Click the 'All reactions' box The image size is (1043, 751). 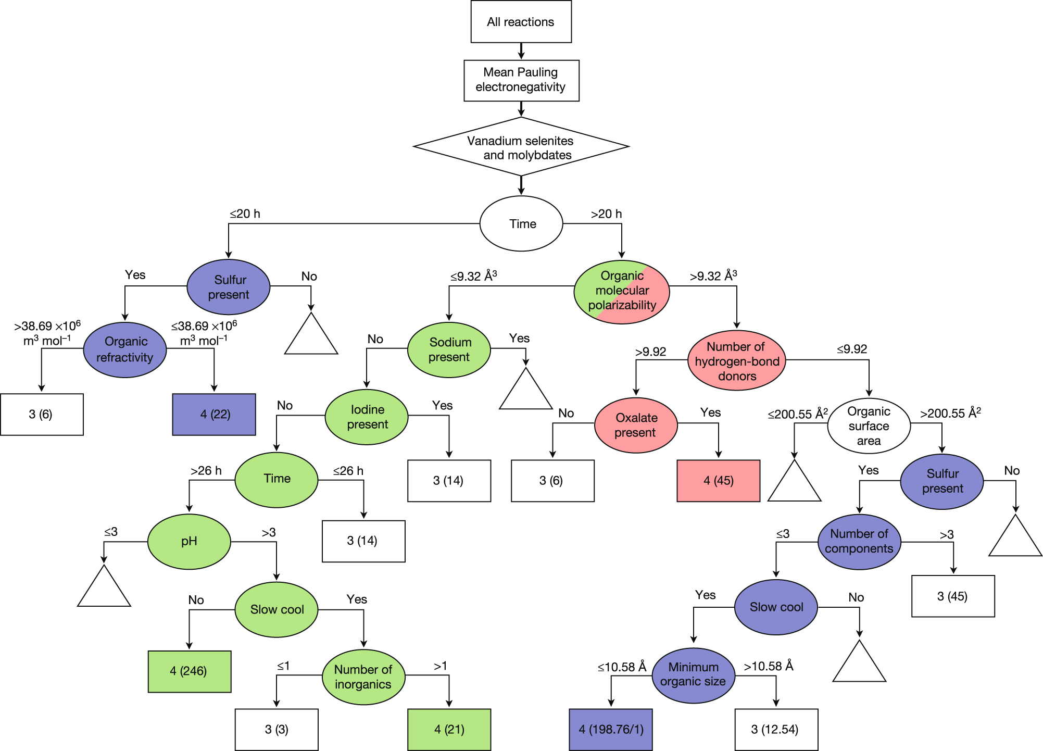pos(521,22)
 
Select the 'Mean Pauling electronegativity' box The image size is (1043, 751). pos(521,80)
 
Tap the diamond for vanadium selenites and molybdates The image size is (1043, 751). pos(521,147)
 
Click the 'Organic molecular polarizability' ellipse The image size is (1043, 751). pos(622,291)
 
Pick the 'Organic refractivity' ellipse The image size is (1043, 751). pos(125,349)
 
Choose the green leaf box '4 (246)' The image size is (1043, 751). pos(189,671)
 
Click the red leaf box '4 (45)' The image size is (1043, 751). pos(718,480)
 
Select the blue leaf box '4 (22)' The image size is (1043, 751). pos(214,414)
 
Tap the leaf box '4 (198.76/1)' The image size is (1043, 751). pos(610,729)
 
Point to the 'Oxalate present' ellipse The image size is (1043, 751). pos(636,425)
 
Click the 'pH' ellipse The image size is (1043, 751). pos(189,541)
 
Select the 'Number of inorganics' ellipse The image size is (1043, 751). pos(363,677)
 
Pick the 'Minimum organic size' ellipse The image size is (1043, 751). pos(693,674)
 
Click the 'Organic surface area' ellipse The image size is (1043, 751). pos(869,425)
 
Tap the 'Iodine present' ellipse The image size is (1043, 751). pos(367,417)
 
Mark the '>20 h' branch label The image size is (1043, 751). pos(606,214)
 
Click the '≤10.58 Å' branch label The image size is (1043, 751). pos(622,667)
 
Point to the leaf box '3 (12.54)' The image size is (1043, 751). pos(776,729)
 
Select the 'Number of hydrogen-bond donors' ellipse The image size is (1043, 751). pos(736,360)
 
